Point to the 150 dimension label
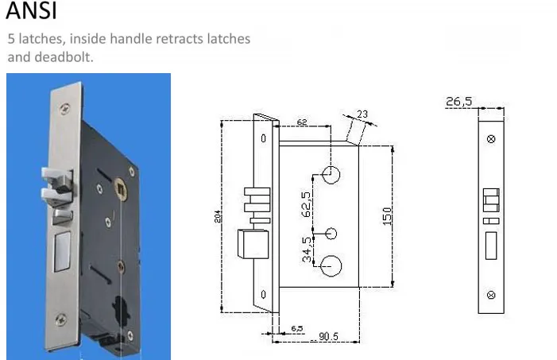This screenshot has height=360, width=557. click(387, 215)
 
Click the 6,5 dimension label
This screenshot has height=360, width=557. click(297, 327)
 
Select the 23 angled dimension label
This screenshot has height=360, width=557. click(362, 114)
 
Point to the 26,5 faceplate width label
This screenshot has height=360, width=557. click(459, 101)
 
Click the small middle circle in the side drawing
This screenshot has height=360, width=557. click(332, 233)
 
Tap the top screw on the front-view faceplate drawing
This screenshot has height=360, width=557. click(491, 139)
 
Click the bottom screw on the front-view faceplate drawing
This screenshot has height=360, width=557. click(491, 296)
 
